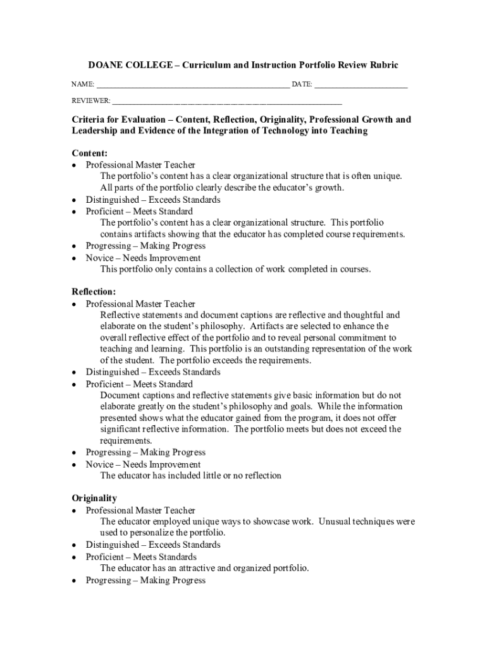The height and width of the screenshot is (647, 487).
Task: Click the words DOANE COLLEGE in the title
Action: click(x=123, y=65)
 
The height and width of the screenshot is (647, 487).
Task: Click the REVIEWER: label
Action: click(x=90, y=101)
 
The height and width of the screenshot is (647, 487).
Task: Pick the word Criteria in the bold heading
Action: click(x=90, y=119)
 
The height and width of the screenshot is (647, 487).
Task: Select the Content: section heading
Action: click(x=89, y=154)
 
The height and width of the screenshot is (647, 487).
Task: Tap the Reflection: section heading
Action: click(x=94, y=292)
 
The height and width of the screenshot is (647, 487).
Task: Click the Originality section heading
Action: click(x=94, y=499)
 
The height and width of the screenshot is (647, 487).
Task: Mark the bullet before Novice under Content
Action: click(x=75, y=258)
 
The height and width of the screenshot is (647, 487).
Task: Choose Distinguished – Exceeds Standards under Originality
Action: click(x=153, y=545)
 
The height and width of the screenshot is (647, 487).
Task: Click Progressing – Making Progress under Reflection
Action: click(x=145, y=452)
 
